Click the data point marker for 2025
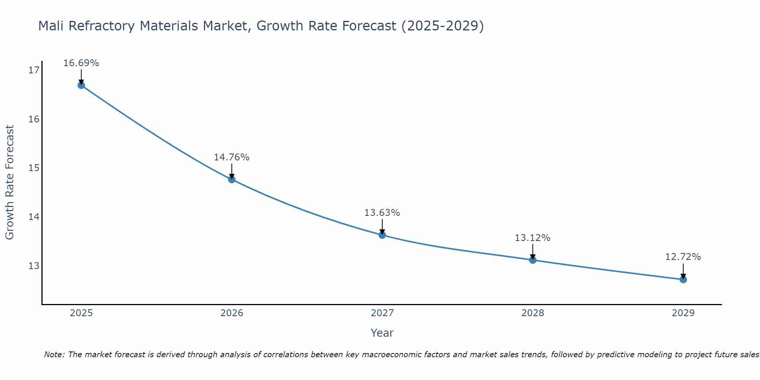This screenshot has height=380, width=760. click(x=81, y=85)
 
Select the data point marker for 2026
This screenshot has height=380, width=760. click(x=232, y=179)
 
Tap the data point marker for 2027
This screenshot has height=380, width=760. click(x=382, y=235)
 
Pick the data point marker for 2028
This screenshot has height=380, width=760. click(x=533, y=260)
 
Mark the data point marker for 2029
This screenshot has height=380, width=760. click(x=683, y=279)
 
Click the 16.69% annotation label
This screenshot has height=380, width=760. click(x=81, y=63)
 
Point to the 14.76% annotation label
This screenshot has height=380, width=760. click(x=232, y=157)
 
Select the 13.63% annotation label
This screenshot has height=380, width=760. click(x=382, y=213)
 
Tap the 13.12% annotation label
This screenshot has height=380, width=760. click(x=533, y=238)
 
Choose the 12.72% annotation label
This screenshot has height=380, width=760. click(x=683, y=257)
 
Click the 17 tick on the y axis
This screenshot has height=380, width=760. click(x=34, y=70)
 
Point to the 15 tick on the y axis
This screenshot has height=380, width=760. click(x=34, y=168)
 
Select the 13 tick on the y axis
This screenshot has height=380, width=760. click(x=34, y=266)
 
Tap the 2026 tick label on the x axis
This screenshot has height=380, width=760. click(x=232, y=313)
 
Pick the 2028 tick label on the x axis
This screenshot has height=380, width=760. click(x=533, y=313)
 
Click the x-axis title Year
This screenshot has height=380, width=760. click(x=382, y=333)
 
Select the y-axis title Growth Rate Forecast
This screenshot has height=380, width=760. click(x=9, y=182)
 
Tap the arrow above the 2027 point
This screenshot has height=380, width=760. click(x=382, y=227)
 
